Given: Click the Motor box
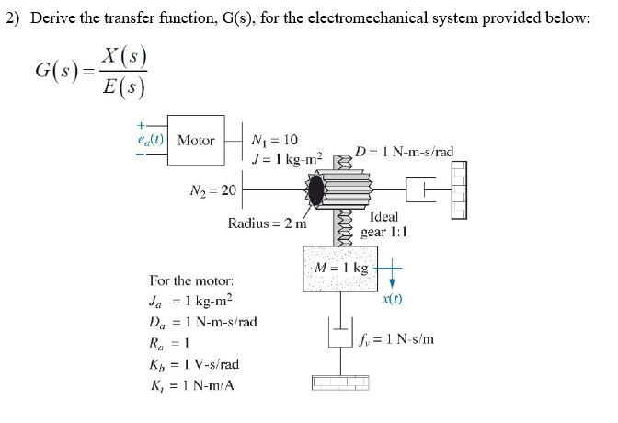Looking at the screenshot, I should (x=195, y=142).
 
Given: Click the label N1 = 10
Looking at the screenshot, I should (x=274, y=140).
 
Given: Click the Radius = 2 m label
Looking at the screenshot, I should (x=267, y=223).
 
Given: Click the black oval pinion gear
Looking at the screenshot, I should (x=318, y=190).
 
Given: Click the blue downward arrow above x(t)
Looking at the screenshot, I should (x=391, y=273).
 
